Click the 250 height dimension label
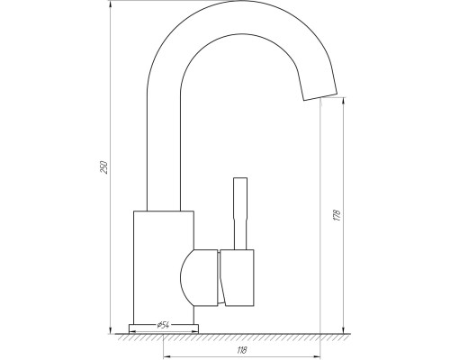(x=103, y=167)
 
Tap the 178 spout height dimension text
(x=337, y=215)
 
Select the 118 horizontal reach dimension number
(x=242, y=350)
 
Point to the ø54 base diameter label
(x=164, y=325)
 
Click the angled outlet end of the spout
(x=320, y=96)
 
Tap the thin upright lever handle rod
(x=240, y=213)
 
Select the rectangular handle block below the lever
(x=237, y=278)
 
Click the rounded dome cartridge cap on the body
(x=199, y=278)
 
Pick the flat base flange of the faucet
(x=164, y=328)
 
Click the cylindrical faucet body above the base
(x=164, y=267)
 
